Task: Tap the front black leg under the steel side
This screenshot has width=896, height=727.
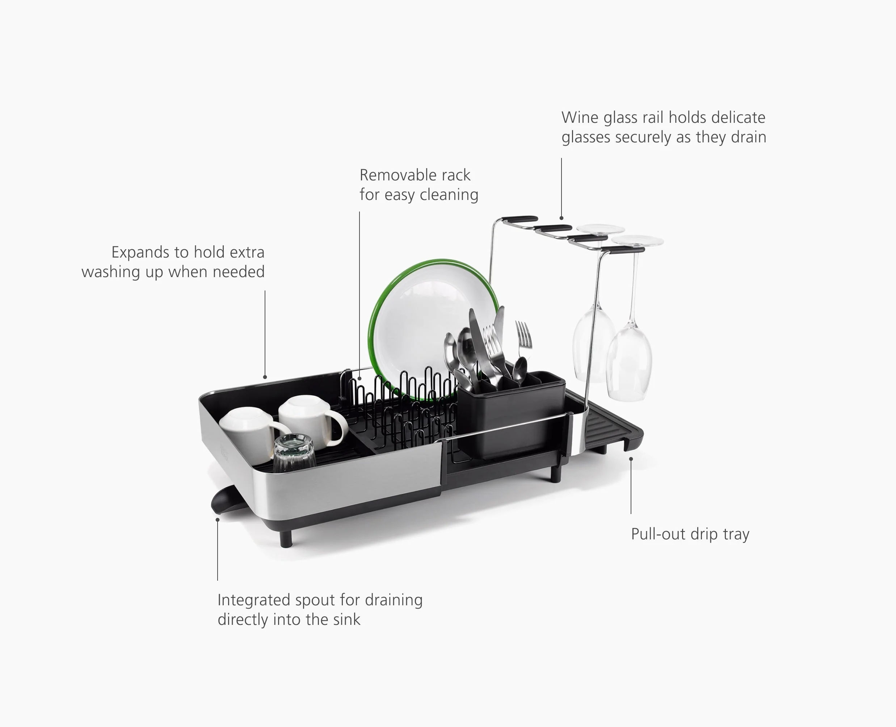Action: click(286, 538)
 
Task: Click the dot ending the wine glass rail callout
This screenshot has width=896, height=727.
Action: click(561, 218)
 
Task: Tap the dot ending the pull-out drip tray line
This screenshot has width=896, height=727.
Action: click(631, 459)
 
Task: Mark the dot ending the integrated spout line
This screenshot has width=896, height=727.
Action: click(218, 520)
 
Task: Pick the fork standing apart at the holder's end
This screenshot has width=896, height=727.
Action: click(523, 335)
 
